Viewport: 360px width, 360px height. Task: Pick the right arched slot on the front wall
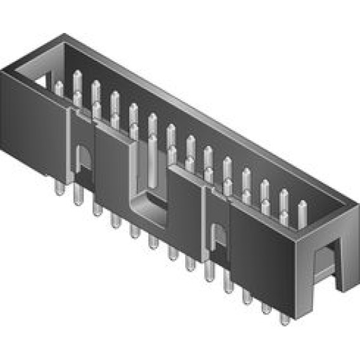219,238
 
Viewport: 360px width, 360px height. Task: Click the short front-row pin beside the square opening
59,88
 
